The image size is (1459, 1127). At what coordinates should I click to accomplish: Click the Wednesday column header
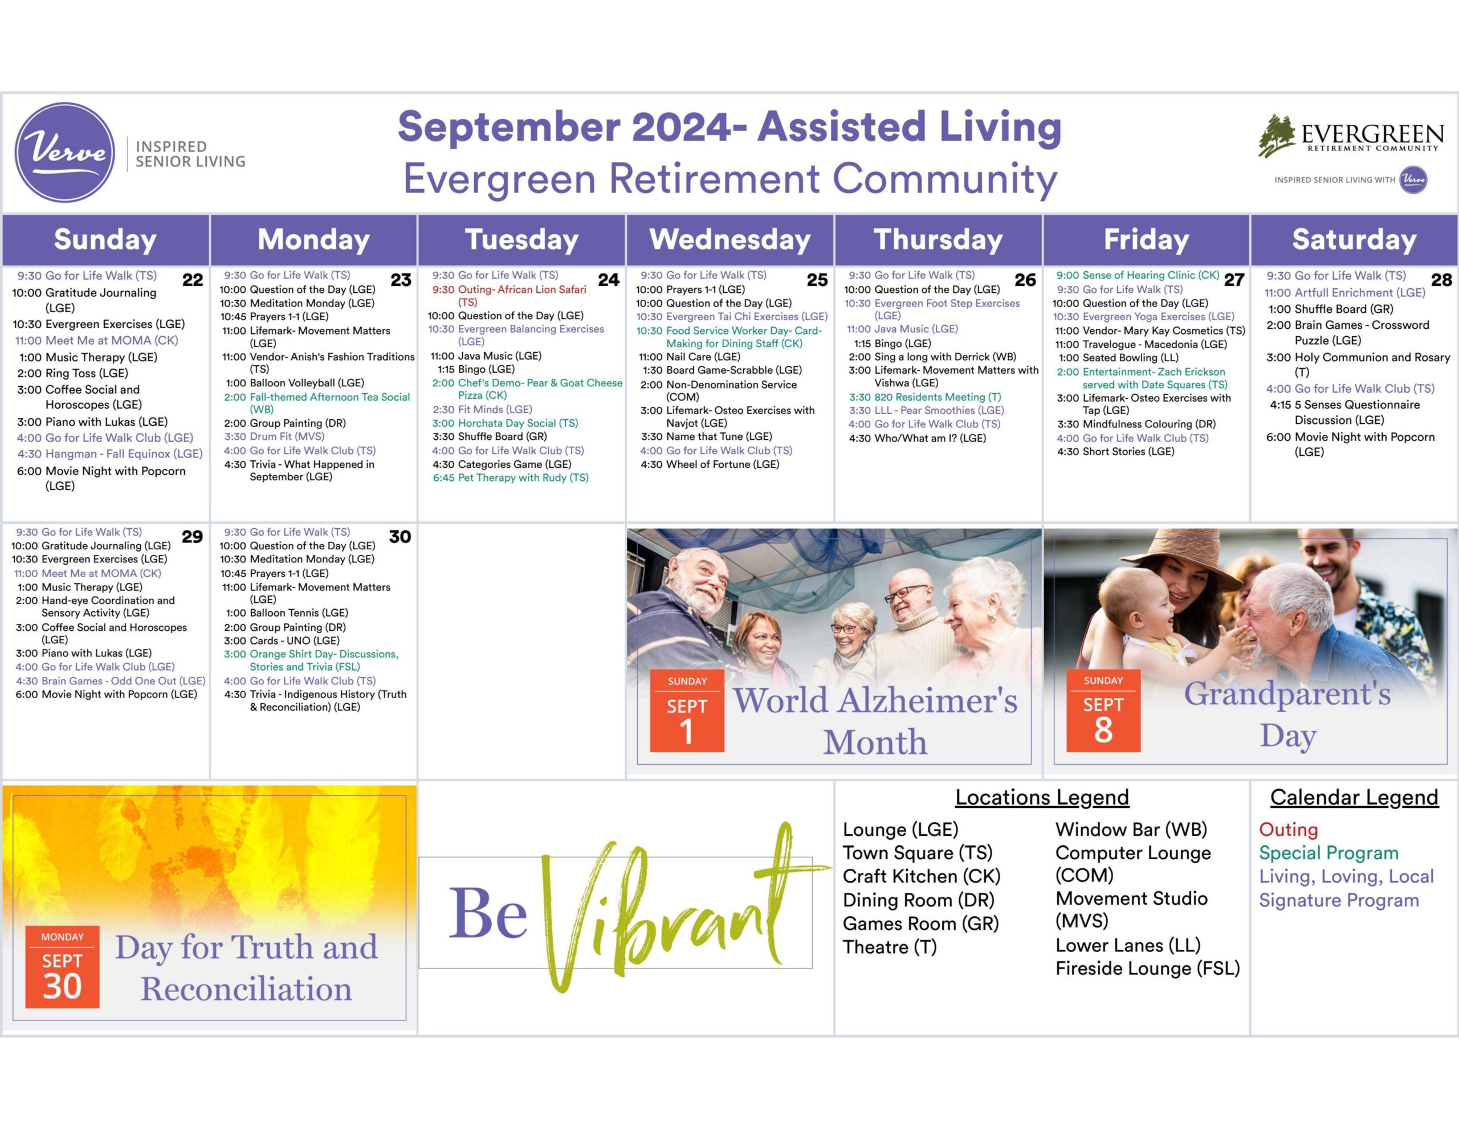pos(729,239)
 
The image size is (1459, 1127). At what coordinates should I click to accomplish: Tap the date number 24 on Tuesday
pos(609,279)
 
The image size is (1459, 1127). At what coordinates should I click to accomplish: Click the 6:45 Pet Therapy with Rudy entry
pos(511,477)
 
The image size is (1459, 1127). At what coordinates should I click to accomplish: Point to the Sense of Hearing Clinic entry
pos(1138,275)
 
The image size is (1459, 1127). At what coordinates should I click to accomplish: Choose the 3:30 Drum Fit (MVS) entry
pos(274,436)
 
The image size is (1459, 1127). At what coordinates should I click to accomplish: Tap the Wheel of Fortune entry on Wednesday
pos(710,464)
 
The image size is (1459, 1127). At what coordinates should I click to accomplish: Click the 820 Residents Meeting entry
pos(924,397)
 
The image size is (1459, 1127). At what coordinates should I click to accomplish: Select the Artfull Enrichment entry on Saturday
pos(1345,293)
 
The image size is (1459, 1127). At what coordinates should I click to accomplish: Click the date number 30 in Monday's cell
pos(400,537)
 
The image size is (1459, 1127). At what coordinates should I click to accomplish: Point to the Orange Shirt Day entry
pos(311,660)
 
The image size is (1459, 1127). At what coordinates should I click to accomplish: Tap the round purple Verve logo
pos(65,152)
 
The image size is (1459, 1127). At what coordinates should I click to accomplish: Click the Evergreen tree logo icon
pos(1277,136)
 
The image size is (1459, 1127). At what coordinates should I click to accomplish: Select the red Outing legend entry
pos(1288,830)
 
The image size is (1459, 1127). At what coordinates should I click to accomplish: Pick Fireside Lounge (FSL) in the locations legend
pos(1148,968)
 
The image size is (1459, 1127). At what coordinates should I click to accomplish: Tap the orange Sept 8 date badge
pos(1103,711)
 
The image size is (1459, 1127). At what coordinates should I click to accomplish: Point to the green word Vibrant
pos(682,909)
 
